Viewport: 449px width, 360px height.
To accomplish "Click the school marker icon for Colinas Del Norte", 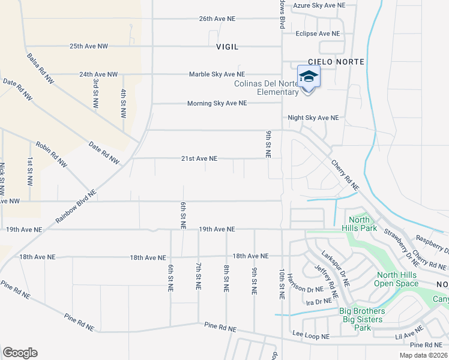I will coord(309,77).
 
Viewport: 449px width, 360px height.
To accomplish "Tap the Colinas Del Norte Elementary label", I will coord(266,88).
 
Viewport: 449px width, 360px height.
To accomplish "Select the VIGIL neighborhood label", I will coord(228,46).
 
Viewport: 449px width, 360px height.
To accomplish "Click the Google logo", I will coord(20,353).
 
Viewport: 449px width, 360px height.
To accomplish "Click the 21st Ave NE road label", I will coord(199,159).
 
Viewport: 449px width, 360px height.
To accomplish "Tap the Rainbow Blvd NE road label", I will coord(76,208).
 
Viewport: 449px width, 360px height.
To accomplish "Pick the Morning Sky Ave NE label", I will coord(217,103).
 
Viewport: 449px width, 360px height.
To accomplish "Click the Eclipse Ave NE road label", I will coord(318,34).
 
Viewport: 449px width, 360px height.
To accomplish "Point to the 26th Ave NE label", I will coord(217,19).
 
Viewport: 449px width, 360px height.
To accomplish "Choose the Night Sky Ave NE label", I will coord(313,118).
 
